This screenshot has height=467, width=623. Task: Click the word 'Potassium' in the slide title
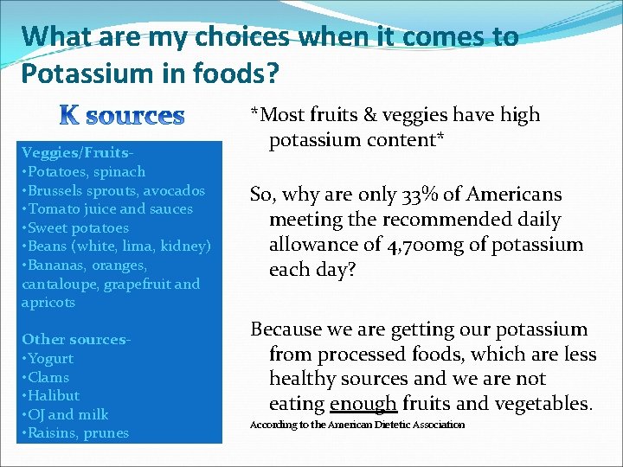click(80, 74)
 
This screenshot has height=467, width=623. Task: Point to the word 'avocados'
click(176, 190)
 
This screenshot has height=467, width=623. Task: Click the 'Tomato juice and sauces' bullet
click(107, 208)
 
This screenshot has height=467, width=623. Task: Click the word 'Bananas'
click(60, 265)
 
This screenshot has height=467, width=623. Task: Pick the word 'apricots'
click(48, 303)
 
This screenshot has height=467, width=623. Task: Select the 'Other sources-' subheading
click(75, 339)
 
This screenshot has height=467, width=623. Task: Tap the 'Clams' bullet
click(47, 377)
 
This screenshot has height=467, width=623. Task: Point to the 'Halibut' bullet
click(51, 395)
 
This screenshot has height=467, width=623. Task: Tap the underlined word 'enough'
click(363, 403)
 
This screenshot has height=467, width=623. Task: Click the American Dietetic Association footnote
click(357, 425)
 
